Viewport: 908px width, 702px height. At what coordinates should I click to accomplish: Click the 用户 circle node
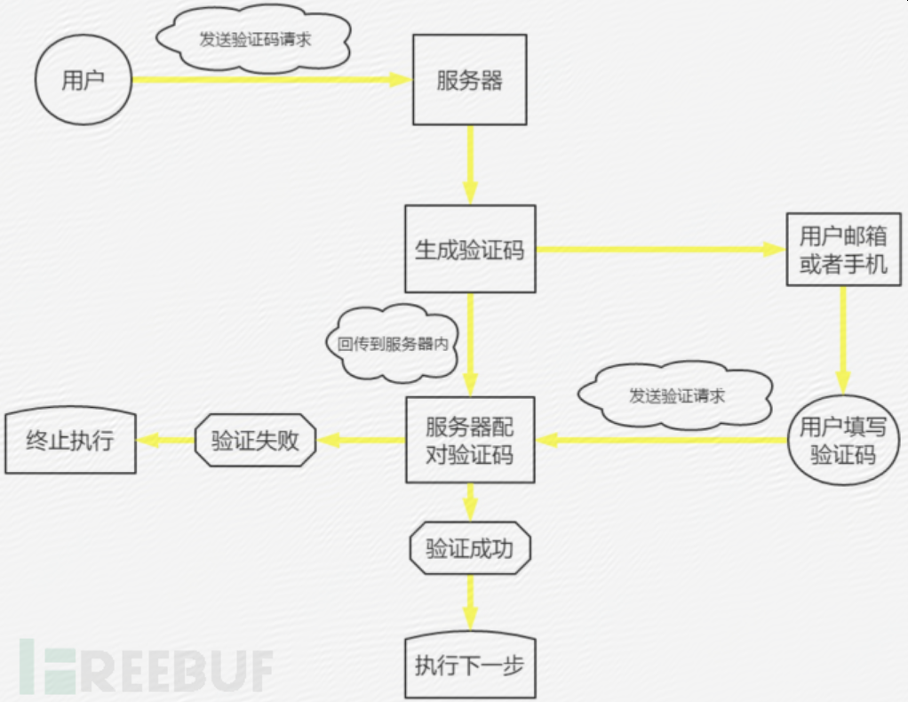click(83, 81)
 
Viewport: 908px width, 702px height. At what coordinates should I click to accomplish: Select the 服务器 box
click(470, 80)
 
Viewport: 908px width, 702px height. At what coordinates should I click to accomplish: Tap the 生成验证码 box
click(470, 250)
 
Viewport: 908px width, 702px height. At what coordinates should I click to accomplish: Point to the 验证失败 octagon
click(256, 440)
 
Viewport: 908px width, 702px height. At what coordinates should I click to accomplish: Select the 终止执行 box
click(70, 440)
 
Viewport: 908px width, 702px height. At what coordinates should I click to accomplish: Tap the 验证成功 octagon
click(470, 548)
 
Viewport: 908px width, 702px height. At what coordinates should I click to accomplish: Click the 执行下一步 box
click(470, 666)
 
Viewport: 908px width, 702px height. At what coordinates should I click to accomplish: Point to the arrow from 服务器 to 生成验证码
click(470, 165)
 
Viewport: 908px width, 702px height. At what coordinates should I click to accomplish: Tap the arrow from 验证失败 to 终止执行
click(166, 440)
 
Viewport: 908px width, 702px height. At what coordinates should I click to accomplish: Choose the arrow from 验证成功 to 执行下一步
click(470, 603)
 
